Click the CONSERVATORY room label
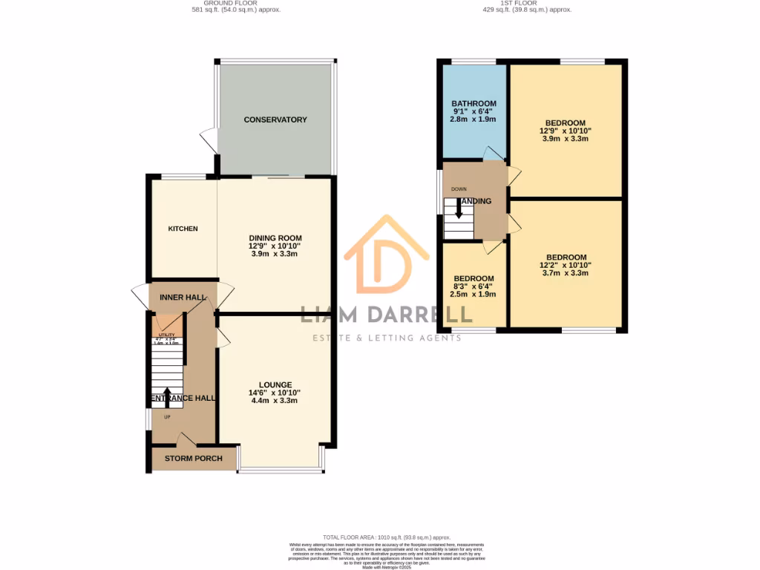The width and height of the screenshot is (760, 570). pos(275,119)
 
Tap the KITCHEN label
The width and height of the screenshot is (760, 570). pos(183,229)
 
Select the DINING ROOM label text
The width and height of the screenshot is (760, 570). pos(275,237)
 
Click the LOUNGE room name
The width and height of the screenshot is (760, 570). pos(275,384)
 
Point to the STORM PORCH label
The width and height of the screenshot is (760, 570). pos(193,459)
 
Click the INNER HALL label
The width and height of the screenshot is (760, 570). pos(182,297)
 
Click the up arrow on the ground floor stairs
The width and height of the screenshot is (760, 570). pos(166,396)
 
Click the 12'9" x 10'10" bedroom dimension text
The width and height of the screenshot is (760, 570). pos(566,131)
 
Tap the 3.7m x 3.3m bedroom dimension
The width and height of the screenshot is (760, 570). pos(566,273)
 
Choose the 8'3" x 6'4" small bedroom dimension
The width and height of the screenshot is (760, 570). pos(474,286)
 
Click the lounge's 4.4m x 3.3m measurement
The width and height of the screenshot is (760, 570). pos(275,401)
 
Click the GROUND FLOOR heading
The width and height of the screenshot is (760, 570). pos(235,3)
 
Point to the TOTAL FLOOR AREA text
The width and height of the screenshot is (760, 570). pos(386,537)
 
